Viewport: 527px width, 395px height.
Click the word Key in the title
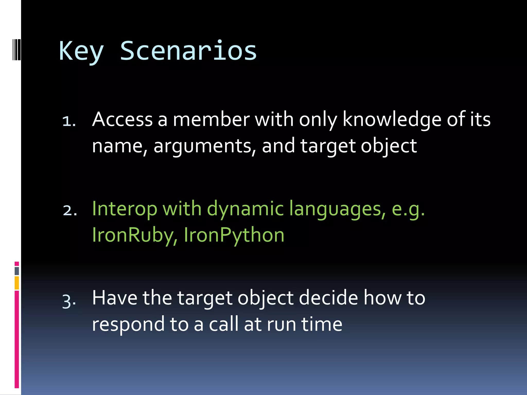tap(81, 51)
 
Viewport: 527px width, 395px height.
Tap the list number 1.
tap(69, 121)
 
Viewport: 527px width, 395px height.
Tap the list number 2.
tap(69, 210)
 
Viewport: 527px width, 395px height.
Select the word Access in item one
tap(122, 120)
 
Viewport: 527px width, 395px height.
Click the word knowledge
tap(391, 120)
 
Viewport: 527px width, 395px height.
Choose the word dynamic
tap(245, 209)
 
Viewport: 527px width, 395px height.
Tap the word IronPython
tap(234, 235)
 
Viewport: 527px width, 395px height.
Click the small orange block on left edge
tap(17, 283)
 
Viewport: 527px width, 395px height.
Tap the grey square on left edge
tap(17, 271)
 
